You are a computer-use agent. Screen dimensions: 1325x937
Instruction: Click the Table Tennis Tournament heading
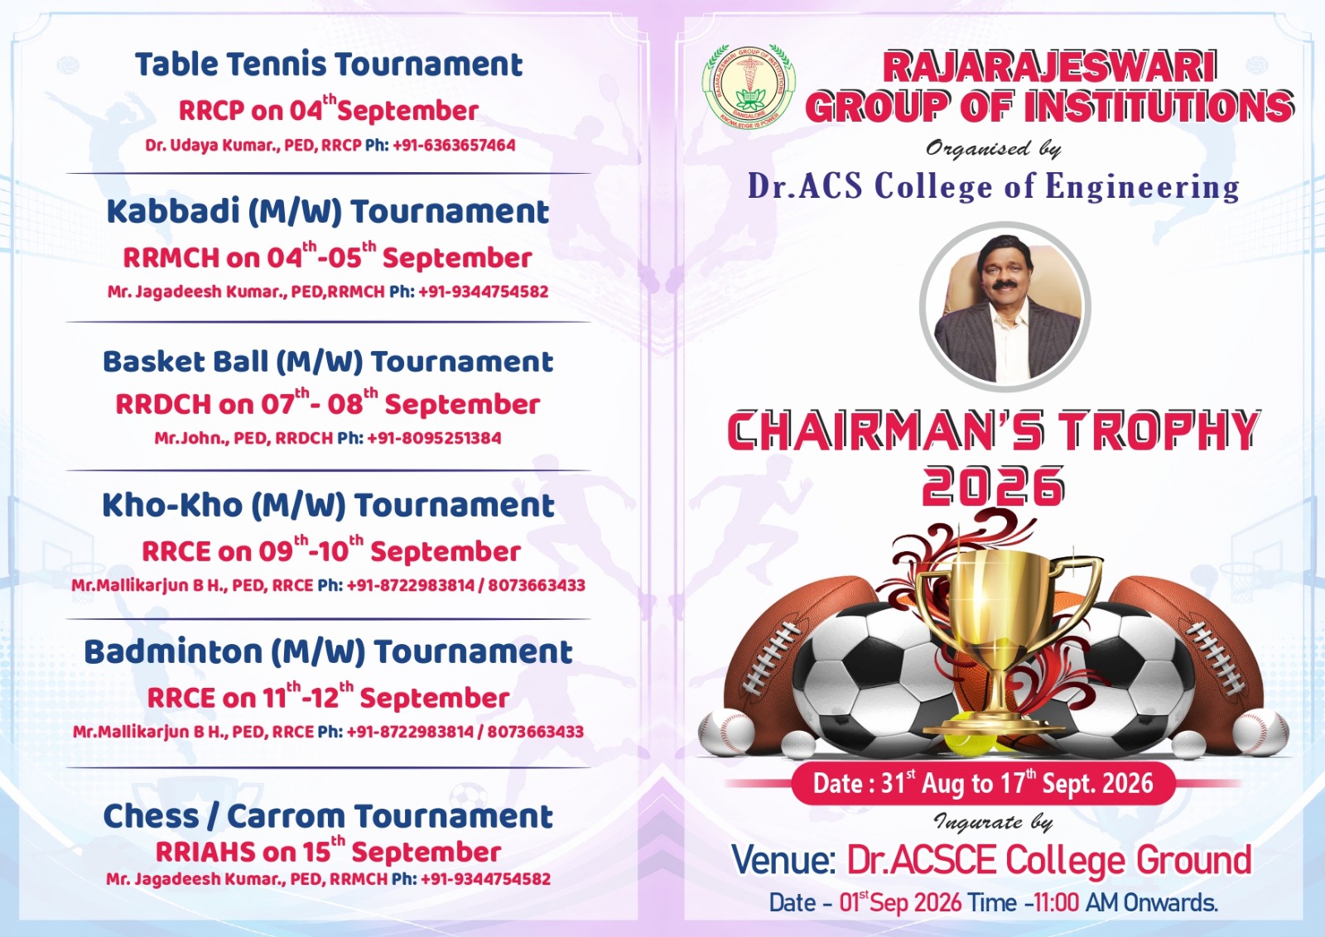pyautogui.click(x=329, y=65)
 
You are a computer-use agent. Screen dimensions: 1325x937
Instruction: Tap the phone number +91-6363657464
pyautogui.click(x=454, y=146)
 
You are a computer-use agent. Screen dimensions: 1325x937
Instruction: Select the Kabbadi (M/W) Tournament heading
pyautogui.click(x=328, y=212)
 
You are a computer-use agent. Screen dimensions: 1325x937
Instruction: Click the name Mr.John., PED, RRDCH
pyautogui.click(x=243, y=438)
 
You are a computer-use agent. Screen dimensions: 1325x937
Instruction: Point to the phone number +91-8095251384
pyautogui.click(x=434, y=438)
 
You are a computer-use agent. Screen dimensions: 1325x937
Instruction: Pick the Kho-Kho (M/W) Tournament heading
pyautogui.click(x=328, y=506)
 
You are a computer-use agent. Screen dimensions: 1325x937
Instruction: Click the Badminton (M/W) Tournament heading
pyautogui.click(x=328, y=652)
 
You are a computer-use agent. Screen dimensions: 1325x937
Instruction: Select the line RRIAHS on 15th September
pyautogui.click(x=328, y=850)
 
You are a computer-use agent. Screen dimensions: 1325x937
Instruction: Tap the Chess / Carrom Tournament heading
pyautogui.click(x=328, y=816)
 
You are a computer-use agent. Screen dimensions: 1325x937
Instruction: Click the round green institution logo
pyautogui.click(x=749, y=87)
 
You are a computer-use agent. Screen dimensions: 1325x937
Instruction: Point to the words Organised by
pyautogui.click(x=993, y=148)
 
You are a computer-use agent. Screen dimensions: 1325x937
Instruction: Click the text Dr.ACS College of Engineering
pyautogui.click(x=993, y=186)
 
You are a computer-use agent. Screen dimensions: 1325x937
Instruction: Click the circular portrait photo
pyautogui.click(x=1005, y=307)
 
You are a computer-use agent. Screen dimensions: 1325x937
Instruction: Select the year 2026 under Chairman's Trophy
pyautogui.click(x=993, y=486)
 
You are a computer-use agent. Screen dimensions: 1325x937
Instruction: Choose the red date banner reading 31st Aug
pyautogui.click(x=983, y=783)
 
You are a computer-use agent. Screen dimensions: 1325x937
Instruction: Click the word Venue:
pyautogui.click(x=783, y=859)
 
